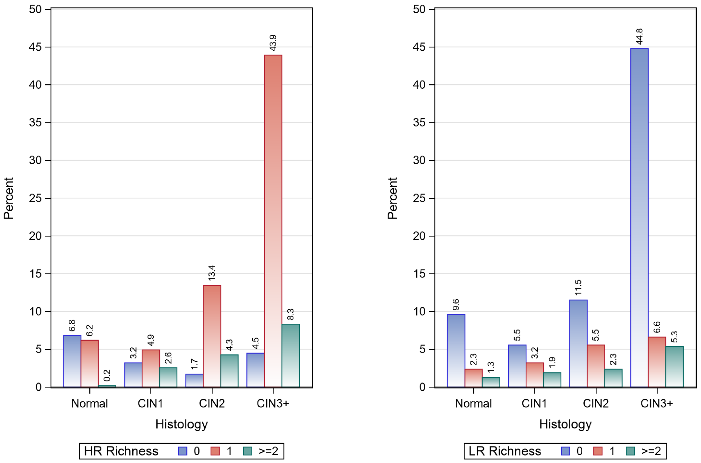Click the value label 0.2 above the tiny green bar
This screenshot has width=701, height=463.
point(107,375)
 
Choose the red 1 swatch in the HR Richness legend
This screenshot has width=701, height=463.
point(215,451)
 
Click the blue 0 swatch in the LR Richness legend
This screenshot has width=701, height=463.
point(566,451)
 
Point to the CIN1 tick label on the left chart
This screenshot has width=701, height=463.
point(151,403)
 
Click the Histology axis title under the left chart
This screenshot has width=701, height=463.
point(181,424)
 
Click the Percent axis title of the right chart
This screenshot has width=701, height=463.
point(392,198)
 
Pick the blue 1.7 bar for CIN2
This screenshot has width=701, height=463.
point(194,380)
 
